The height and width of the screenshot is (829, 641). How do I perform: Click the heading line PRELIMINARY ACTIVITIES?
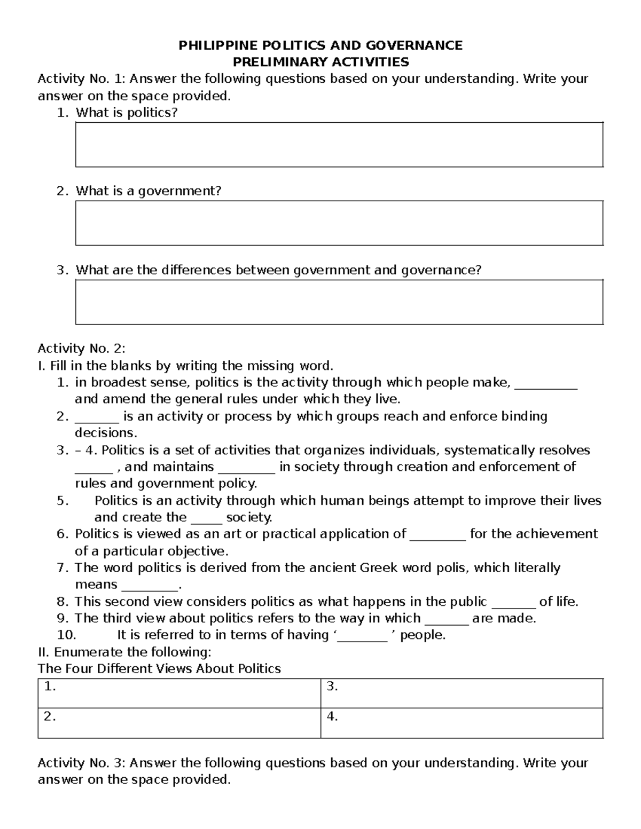[x=320, y=62]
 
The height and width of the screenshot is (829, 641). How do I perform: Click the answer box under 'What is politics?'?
[x=339, y=145]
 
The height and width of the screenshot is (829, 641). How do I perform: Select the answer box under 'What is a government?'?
[x=339, y=223]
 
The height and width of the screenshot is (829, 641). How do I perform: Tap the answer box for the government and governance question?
[x=339, y=302]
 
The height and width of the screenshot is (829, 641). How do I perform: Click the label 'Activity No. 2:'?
[x=81, y=349]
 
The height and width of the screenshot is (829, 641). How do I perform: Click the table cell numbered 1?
[x=179, y=693]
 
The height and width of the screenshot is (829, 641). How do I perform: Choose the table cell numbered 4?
[x=462, y=723]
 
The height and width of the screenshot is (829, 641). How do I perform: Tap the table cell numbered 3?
[x=462, y=693]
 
